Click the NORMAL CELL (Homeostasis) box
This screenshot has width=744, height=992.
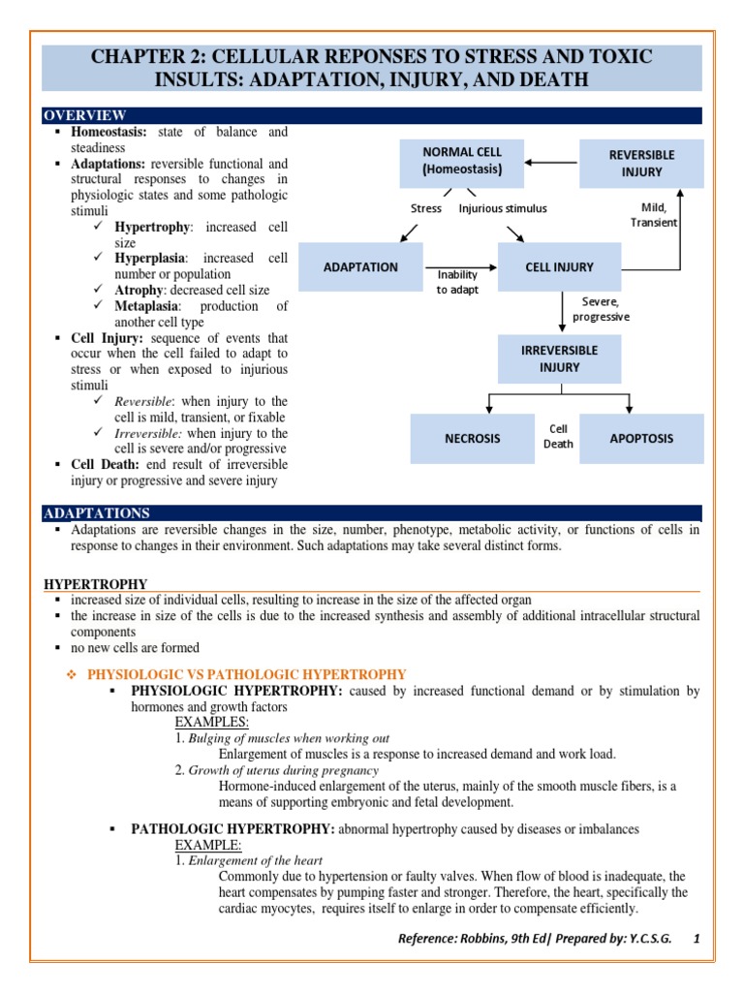[461, 161]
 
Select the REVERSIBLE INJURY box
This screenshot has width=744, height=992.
[641, 164]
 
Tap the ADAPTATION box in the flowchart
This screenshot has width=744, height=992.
[360, 267]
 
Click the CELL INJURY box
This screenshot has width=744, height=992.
[560, 267]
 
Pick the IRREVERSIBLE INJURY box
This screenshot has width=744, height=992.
[561, 358]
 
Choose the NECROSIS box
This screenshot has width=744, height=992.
[473, 438]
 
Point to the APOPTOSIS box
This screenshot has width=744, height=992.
[641, 438]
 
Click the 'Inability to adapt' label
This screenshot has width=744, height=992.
[456, 282]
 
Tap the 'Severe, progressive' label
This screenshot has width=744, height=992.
[601, 309]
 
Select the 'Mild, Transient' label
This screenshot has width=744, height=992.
[654, 214]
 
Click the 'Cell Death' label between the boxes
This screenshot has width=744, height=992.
[559, 436]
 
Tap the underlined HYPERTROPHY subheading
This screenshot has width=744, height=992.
[96, 584]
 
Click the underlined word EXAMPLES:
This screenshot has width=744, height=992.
[212, 722]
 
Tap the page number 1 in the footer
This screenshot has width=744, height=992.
[696, 940]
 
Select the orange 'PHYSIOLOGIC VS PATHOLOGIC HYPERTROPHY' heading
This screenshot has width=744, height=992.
[247, 674]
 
